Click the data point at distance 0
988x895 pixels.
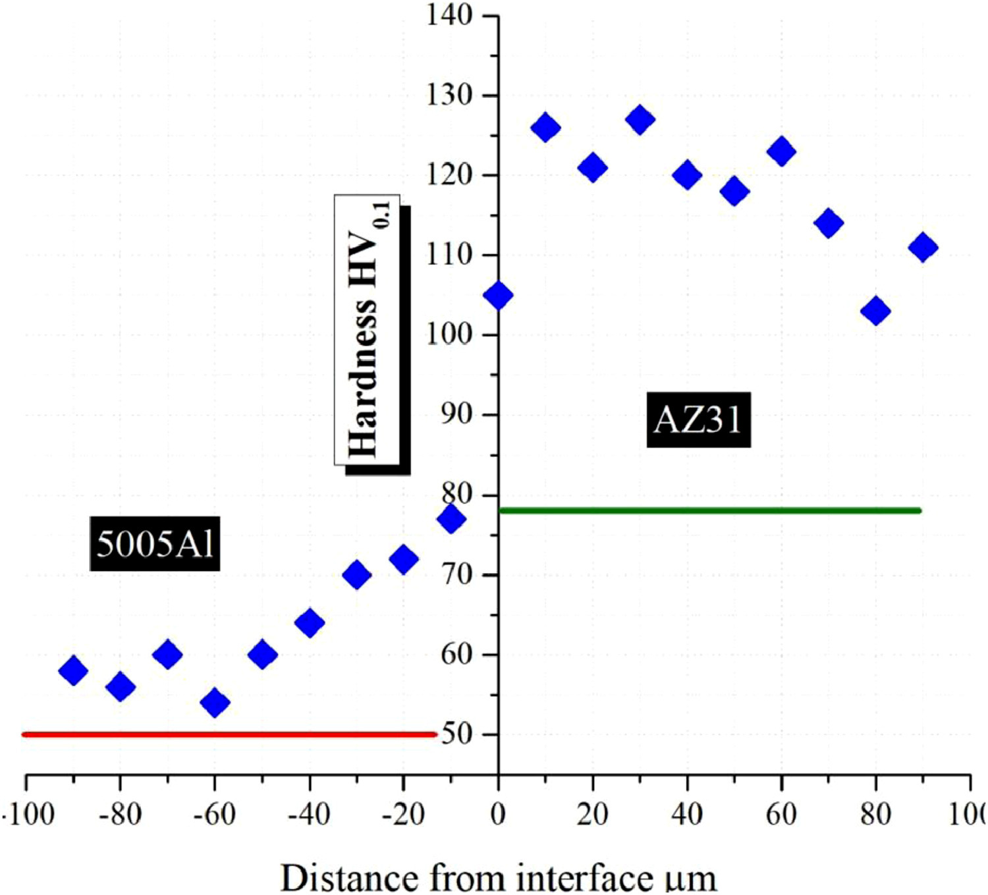click(499, 295)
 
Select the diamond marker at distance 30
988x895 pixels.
click(640, 120)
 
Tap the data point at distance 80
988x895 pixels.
click(875, 311)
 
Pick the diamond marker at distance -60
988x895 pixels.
click(215, 703)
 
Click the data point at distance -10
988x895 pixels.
click(451, 519)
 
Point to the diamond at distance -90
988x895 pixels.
click(73, 670)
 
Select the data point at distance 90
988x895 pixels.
click(923, 248)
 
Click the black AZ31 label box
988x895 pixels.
click(698, 420)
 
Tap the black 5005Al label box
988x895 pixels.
click(155, 544)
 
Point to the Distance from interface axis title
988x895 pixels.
click(498, 878)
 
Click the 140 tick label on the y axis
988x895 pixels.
click(450, 14)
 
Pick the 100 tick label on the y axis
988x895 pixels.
click(450, 334)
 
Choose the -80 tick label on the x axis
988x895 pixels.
click(120, 815)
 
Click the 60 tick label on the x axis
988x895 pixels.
click(781, 815)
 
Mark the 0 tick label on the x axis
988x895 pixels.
click(498, 815)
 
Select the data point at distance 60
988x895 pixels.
click(781, 151)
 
